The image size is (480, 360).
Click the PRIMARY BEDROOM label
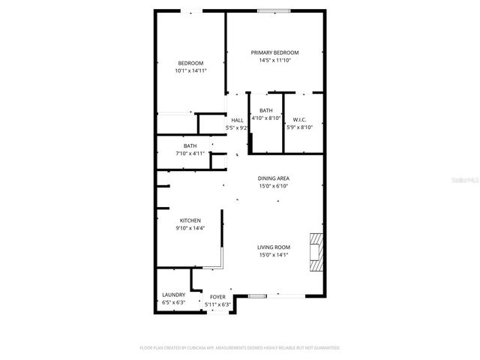pyautogui.click(x=274, y=52)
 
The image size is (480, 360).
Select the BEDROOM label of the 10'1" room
pyautogui.click(x=190, y=62)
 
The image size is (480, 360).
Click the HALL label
pyautogui.click(x=237, y=120)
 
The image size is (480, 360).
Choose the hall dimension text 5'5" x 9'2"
pyautogui.click(x=237, y=128)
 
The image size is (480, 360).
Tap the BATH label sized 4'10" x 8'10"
pyautogui.click(x=266, y=110)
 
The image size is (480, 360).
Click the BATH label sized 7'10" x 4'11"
pyautogui.click(x=190, y=145)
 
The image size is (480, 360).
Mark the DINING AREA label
pyautogui.click(x=274, y=178)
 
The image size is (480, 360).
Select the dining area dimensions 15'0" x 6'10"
pyautogui.click(x=274, y=186)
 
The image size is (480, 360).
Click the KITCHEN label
pyautogui.click(x=190, y=220)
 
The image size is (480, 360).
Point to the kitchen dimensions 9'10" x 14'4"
pyautogui.click(x=190, y=228)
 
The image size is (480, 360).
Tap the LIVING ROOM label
pyautogui.click(x=274, y=247)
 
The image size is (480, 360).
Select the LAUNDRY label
pyautogui.click(x=174, y=295)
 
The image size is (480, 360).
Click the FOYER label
pyautogui.click(x=217, y=297)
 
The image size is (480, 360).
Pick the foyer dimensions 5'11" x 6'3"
pyautogui.click(x=217, y=304)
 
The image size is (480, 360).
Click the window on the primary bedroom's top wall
pyautogui.click(x=275, y=10)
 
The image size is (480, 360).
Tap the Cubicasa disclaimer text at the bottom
pyautogui.click(x=240, y=348)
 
